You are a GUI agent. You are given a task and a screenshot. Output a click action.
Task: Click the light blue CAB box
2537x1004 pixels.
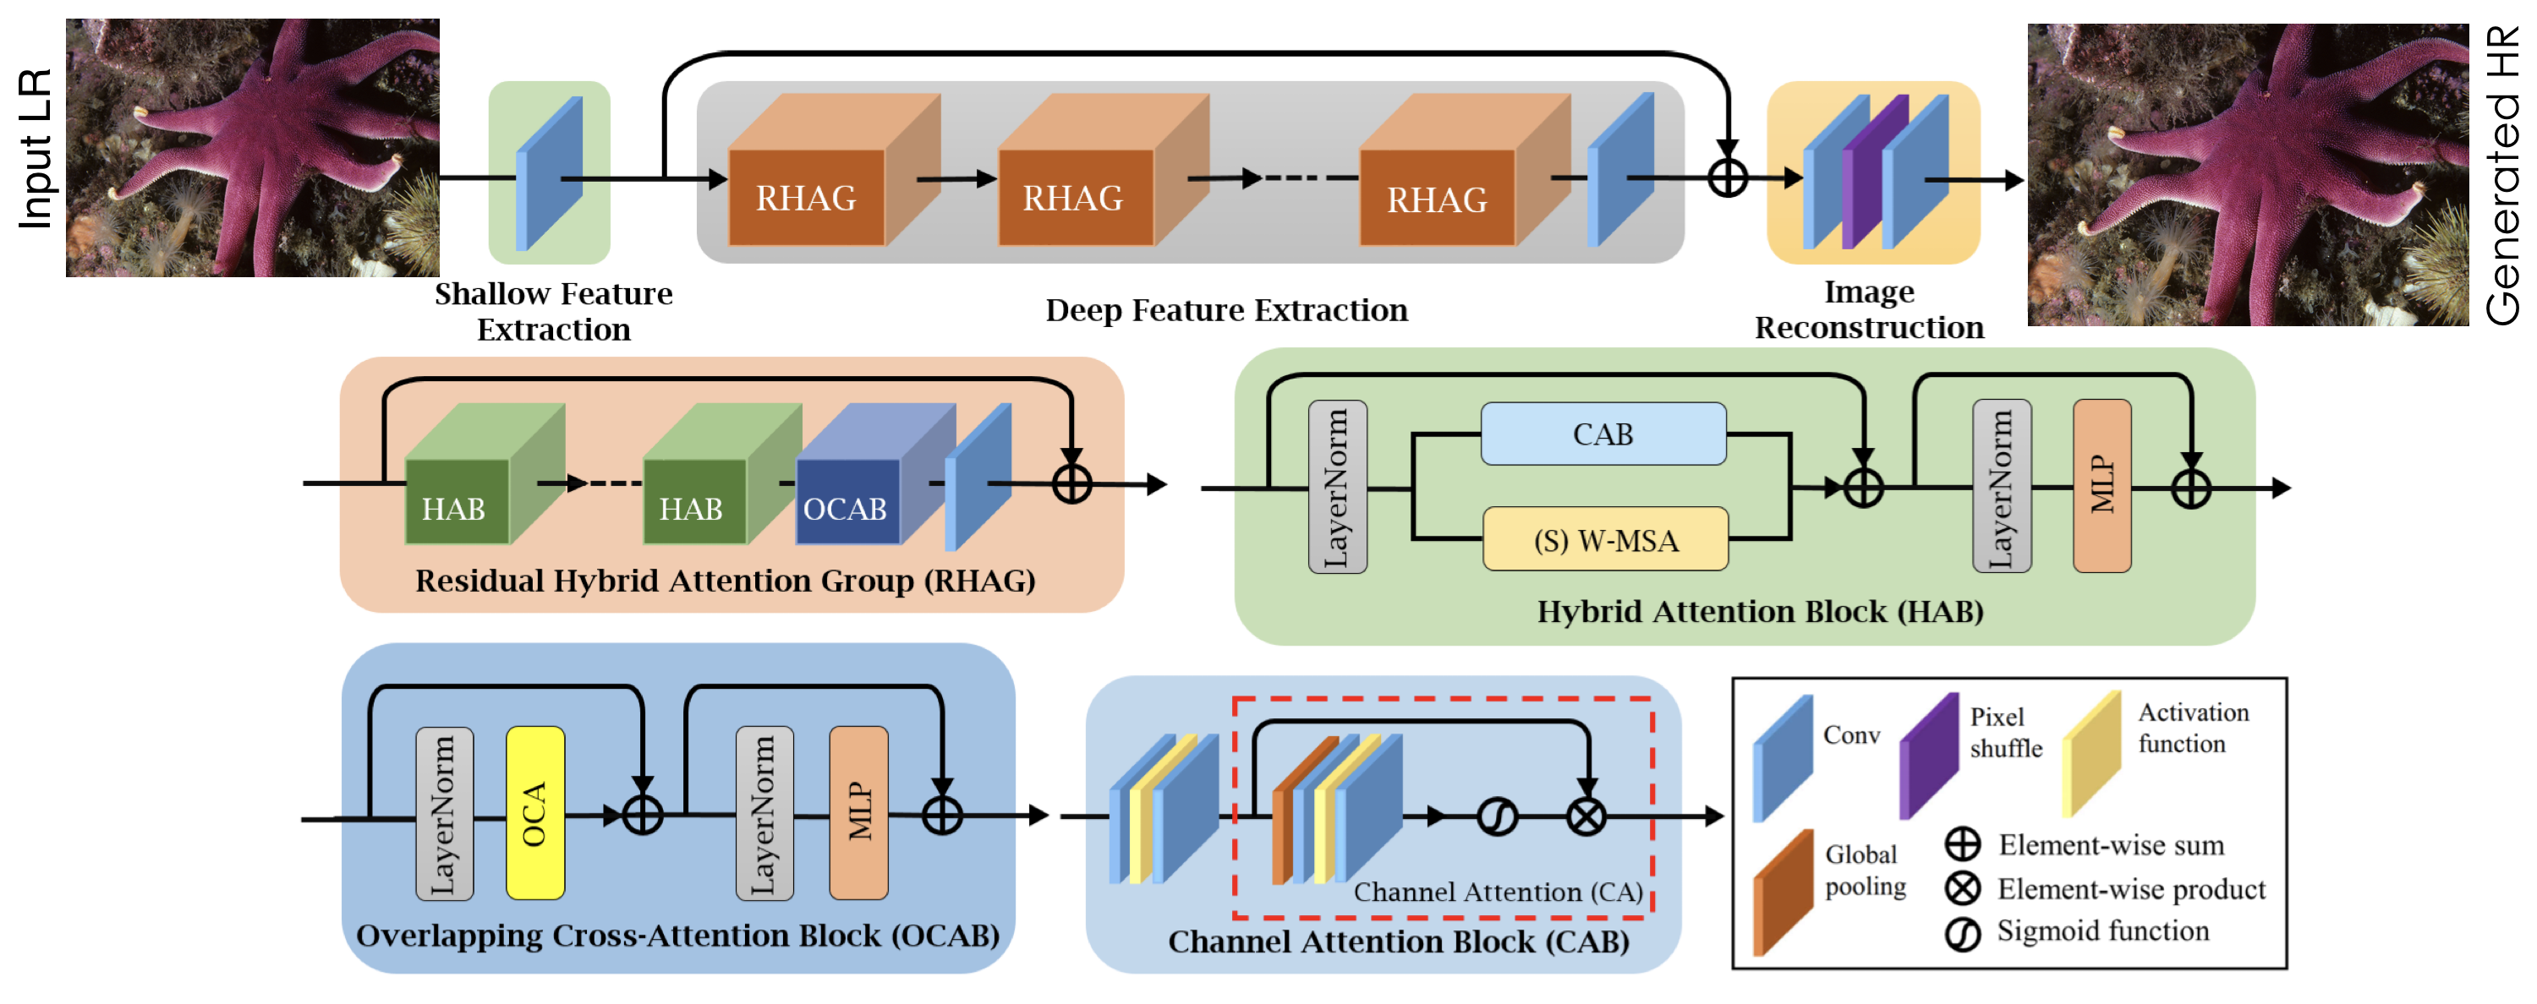click(1603, 434)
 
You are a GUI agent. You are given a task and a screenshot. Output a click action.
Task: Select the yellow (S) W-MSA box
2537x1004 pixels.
click(1605, 539)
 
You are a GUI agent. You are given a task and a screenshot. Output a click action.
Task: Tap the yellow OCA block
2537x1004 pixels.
click(534, 813)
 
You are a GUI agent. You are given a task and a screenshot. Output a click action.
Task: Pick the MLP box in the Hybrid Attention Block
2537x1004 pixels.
click(2101, 485)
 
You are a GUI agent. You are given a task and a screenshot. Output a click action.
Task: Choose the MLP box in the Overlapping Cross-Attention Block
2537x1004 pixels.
click(859, 813)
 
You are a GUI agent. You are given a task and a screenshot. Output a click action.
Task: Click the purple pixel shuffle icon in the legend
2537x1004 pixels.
click(1927, 756)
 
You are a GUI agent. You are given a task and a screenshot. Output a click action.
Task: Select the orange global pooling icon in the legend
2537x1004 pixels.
click(1783, 892)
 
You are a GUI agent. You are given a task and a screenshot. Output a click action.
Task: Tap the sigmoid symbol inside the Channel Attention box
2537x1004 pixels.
click(1497, 817)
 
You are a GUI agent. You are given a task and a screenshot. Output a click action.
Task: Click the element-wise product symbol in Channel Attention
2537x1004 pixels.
click(1586, 817)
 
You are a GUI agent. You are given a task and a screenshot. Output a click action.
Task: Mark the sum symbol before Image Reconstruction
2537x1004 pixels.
click(1728, 178)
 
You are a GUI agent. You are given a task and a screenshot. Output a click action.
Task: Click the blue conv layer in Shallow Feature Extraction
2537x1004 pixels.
click(550, 173)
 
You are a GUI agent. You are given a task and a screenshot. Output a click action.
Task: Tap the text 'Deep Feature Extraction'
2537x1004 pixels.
click(1226, 310)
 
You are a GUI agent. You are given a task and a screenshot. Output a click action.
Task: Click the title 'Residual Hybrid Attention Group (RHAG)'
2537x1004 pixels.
click(725, 581)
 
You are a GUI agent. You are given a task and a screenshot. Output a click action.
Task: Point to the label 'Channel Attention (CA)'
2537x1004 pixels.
click(1497, 892)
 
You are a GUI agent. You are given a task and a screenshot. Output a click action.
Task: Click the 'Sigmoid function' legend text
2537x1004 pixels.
click(2102, 931)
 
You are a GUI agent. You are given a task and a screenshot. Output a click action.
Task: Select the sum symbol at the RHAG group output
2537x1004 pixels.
click(1071, 483)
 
